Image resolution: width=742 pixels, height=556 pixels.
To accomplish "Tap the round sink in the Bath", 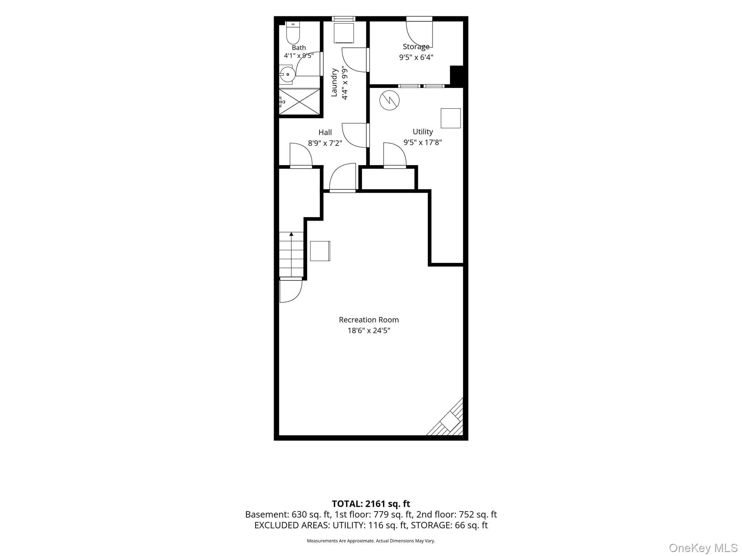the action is [288, 75].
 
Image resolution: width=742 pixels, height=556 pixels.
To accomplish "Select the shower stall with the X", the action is [299, 102].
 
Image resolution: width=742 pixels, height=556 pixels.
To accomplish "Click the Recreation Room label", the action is [369, 320].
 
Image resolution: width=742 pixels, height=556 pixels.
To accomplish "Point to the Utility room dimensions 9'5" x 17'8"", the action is [423, 142].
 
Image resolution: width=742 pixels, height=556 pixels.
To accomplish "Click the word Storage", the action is [416, 47].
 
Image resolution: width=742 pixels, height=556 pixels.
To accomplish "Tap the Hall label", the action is [325, 132].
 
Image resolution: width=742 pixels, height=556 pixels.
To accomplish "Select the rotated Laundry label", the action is [334, 83].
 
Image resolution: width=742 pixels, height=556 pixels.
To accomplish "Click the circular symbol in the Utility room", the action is [389, 100].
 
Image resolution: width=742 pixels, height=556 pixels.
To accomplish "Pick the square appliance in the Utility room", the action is [451, 118].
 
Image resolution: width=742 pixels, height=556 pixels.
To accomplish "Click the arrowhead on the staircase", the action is [291, 234].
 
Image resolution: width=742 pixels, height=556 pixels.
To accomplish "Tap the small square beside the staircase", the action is [320, 251].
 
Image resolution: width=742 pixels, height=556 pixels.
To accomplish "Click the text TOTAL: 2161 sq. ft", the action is [371, 504].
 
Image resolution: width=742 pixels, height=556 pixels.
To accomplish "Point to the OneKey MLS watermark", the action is [703, 548].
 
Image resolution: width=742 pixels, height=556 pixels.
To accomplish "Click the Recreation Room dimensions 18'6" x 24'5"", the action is [369, 330].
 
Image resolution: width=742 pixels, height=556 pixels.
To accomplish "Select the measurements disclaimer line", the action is [371, 541].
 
